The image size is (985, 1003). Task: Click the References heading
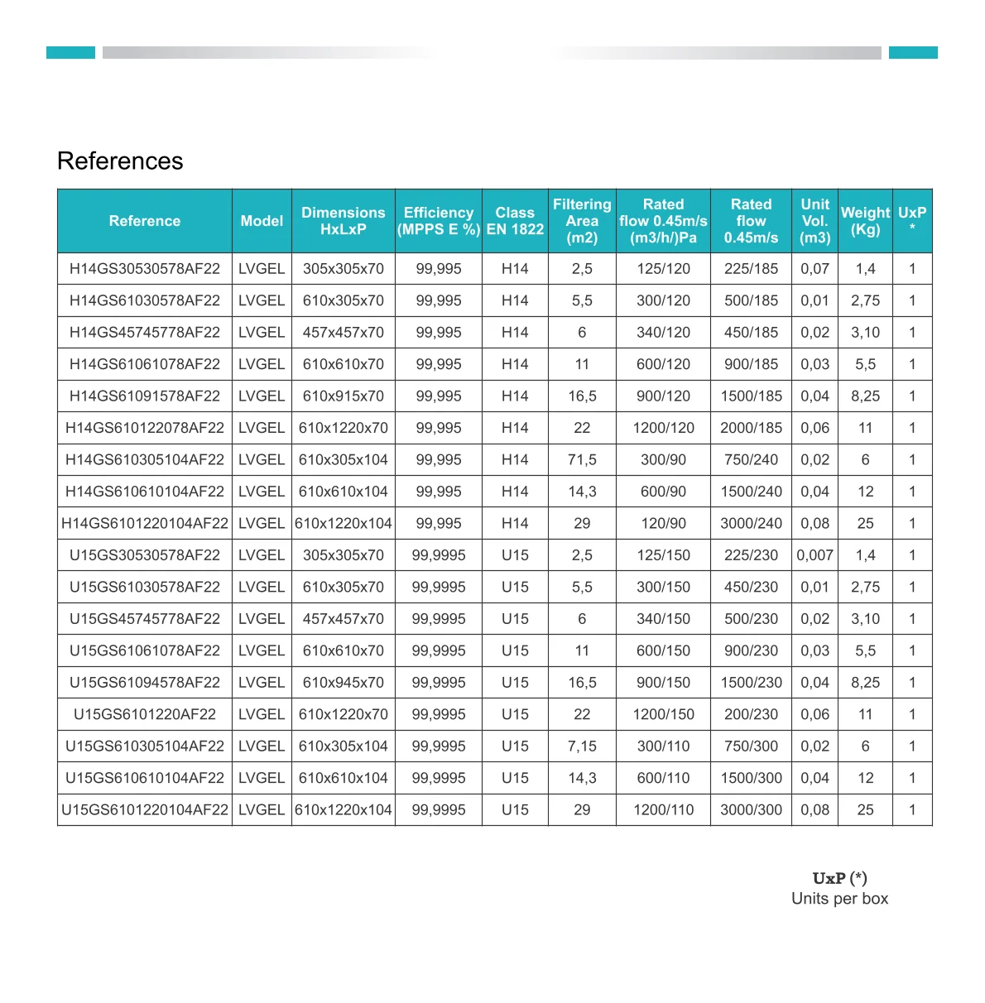point(120,161)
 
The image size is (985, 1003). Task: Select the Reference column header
point(145,221)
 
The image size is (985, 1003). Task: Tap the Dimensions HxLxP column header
point(344,221)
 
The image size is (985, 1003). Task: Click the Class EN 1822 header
point(515,221)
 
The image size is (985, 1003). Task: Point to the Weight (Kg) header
point(865,221)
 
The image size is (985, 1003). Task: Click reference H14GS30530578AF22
point(145,269)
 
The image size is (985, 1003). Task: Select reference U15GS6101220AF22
point(145,714)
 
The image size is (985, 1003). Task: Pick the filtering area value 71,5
point(582,460)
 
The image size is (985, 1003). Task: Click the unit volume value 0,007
point(814,555)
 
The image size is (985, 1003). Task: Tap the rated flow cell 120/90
point(663,524)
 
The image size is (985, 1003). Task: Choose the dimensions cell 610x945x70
point(344,683)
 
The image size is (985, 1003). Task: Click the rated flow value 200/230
point(751,714)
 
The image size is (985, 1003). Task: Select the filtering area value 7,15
point(582,746)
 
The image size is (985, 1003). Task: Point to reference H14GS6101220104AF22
point(145,524)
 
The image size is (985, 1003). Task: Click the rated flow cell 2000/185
point(751,428)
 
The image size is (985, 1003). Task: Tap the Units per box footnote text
point(839,899)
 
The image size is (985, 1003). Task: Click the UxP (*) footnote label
point(839,878)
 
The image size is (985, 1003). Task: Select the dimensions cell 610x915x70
point(344,396)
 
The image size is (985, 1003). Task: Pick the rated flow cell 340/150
point(663,619)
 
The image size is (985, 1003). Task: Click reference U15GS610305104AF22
point(145,746)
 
